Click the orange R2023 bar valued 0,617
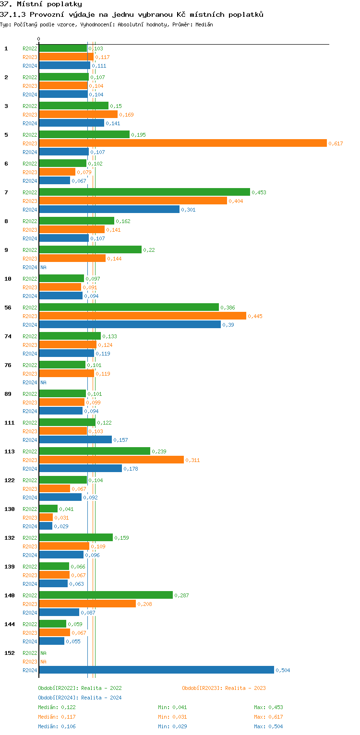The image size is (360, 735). (182, 143)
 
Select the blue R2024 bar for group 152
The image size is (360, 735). (156, 670)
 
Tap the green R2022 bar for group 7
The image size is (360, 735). (144, 192)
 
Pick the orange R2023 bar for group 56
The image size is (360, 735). (142, 316)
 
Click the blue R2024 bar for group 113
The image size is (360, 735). (80, 468)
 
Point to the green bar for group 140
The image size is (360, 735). (106, 595)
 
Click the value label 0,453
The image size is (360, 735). (259, 192)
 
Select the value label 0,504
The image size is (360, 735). (283, 670)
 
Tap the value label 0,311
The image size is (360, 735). (192, 460)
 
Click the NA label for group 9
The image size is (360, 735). (43, 267)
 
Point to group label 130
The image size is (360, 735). (9, 509)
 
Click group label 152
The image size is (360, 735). (9, 653)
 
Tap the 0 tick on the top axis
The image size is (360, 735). (39, 39)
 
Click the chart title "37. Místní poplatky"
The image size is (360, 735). (41, 4)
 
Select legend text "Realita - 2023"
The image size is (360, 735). (245, 688)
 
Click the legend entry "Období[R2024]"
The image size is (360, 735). (58, 698)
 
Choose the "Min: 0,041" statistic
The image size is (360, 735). (172, 707)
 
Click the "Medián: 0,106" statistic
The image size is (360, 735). (57, 726)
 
